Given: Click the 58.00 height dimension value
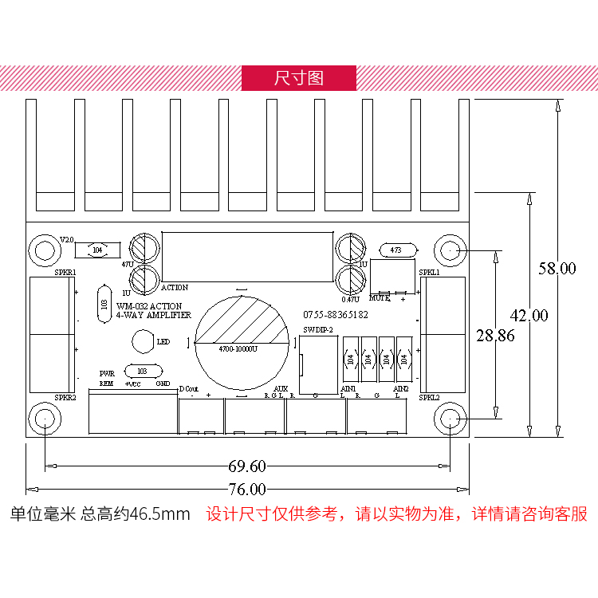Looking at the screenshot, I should point(556,269).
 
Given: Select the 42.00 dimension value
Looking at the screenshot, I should point(529,316).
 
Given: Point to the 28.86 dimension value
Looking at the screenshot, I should point(495,335).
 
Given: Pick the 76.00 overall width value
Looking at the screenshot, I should point(247,488).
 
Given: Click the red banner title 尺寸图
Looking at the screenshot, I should point(299,78).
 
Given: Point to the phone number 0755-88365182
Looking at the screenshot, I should point(336,315).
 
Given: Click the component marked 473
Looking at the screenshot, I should point(396,250).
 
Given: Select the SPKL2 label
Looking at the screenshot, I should point(429,397).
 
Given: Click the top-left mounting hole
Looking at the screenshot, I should point(45,251).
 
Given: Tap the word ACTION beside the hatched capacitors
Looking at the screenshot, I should point(175,288).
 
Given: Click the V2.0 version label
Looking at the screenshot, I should point(67,239).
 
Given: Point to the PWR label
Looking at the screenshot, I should point(107,373).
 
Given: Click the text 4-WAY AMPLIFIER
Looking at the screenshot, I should point(154,316).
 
